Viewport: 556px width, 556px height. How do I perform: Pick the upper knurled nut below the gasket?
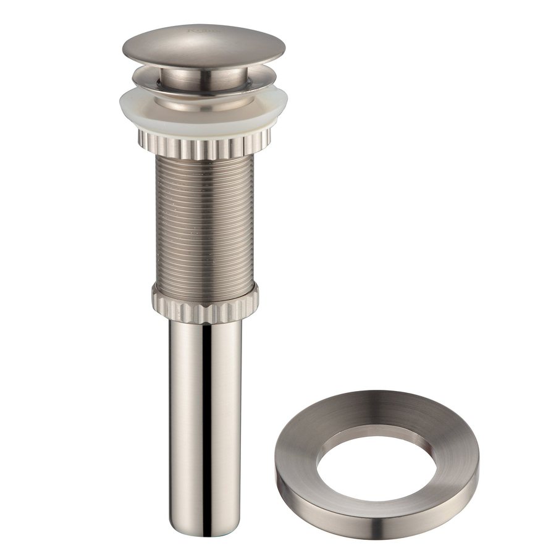[204, 148]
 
